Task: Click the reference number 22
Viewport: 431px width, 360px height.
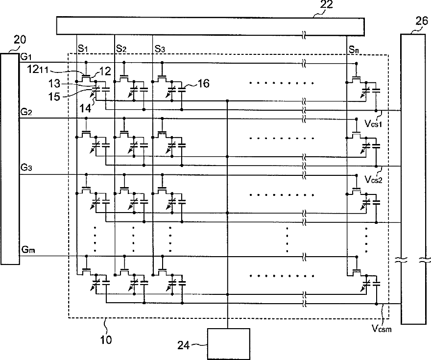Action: [326, 4]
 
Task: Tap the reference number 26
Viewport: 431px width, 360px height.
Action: [422, 21]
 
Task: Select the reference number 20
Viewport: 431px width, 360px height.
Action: [20, 40]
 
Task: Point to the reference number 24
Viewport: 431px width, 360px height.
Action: [184, 345]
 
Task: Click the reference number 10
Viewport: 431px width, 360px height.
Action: [106, 340]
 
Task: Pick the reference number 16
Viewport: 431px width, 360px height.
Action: [203, 84]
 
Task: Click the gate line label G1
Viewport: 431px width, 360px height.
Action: [26, 57]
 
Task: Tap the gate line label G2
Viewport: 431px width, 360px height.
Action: [26, 112]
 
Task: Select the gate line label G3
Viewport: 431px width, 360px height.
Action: [26, 168]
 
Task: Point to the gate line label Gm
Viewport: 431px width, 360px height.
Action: [28, 250]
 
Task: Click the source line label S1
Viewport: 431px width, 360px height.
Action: [83, 48]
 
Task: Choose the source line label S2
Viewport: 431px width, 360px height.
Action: [121, 48]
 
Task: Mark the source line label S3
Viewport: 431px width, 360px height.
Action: [160, 49]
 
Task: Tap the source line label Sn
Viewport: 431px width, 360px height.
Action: [354, 50]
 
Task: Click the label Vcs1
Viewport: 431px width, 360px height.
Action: [374, 123]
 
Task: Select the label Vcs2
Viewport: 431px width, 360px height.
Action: [374, 179]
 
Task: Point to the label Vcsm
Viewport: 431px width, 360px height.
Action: [382, 328]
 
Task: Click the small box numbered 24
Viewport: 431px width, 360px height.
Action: [229, 344]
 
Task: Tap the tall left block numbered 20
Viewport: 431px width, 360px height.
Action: [10, 159]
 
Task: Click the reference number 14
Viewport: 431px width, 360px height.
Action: [85, 108]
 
